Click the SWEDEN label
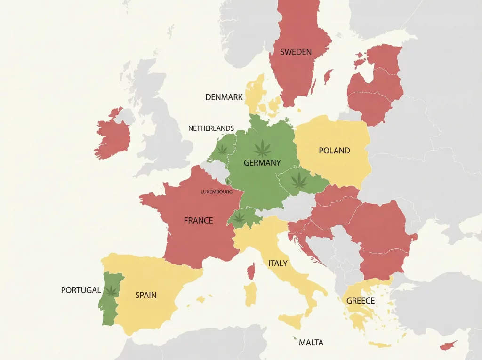[296, 52]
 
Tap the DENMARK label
[224, 97]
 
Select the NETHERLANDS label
[211, 128]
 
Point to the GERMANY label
[262, 163]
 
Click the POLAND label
[334, 151]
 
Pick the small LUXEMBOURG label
[217, 192]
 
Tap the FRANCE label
[198, 220]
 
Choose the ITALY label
[278, 264]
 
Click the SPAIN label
[146, 296]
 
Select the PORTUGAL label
[81, 290]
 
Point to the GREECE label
[361, 301]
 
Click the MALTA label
[311, 343]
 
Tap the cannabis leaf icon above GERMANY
[262, 148]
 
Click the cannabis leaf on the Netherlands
[222, 150]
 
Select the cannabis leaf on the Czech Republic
[298, 180]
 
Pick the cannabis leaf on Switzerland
[240, 217]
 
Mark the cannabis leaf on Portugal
[111, 291]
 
